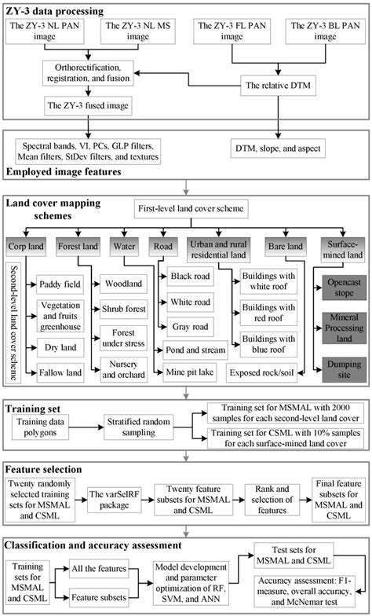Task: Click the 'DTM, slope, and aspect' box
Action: (x=275, y=147)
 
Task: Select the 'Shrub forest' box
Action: (x=123, y=308)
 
